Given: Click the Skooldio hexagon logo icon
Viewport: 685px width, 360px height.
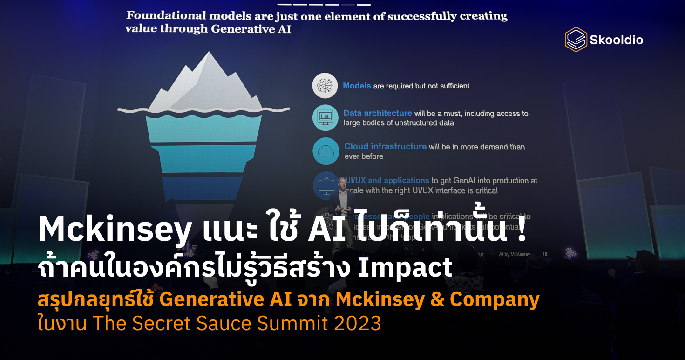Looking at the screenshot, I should (x=576, y=40).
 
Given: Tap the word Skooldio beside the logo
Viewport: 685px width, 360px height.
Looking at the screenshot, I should (x=616, y=40).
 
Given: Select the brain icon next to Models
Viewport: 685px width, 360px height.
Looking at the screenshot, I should (x=325, y=85).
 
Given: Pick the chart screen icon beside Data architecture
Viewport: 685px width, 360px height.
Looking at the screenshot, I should (x=325, y=118).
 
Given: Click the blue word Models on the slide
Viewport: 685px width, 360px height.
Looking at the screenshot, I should (x=357, y=86).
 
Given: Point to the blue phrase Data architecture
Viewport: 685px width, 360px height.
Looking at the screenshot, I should (x=378, y=113).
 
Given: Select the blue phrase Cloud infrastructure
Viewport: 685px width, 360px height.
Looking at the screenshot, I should (x=385, y=146).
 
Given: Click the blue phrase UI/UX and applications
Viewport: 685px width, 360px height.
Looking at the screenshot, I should (x=387, y=180).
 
